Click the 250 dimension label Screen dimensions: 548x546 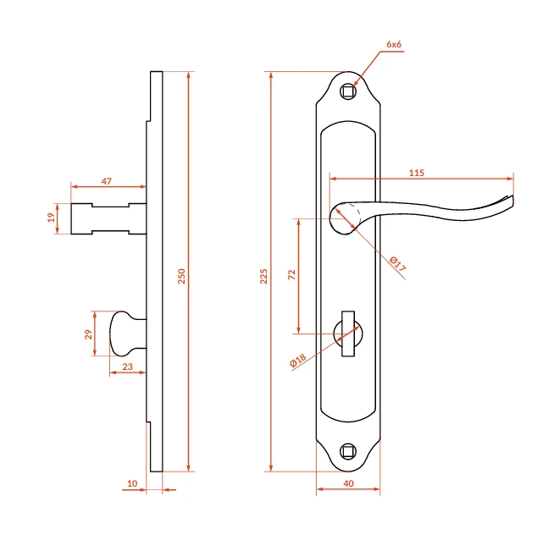tap(181, 276)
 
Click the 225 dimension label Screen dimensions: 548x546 tap(263, 276)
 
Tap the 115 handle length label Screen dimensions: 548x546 tap(417, 173)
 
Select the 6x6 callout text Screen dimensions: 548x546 tap(394, 44)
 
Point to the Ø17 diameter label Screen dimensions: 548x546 tap(398, 264)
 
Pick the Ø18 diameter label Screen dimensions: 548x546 tap(298, 360)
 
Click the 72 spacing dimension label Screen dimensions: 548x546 tap(292, 274)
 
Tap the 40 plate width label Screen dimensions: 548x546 tap(348, 483)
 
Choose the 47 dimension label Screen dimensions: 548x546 tap(106, 181)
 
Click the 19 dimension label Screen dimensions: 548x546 tap(52, 218)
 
